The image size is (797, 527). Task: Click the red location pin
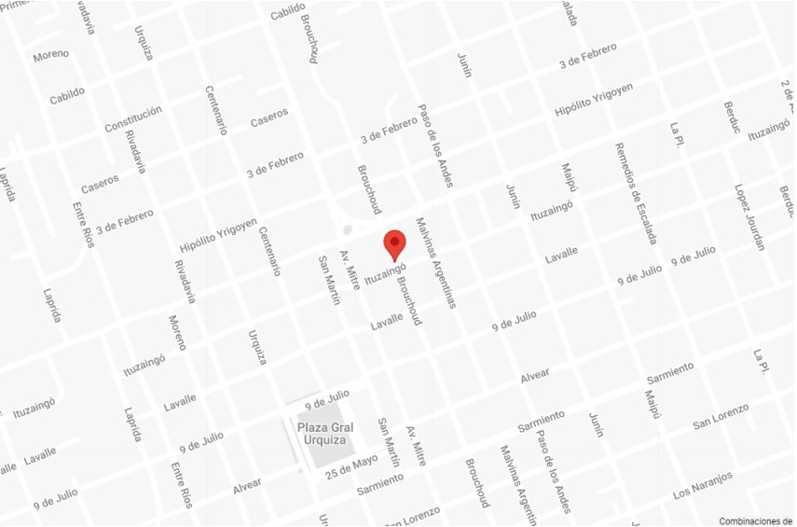coord(395,243)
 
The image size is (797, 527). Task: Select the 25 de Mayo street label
coord(352,463)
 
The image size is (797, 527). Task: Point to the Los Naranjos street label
coord(703,485)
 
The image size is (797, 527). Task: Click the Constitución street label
coord(132,119)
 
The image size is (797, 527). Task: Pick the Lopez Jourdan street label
coord(749,216)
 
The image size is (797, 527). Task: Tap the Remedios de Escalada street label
coord(636,194)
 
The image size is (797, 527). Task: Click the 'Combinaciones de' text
coord(755,520)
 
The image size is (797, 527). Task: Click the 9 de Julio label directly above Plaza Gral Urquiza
coord(326,401)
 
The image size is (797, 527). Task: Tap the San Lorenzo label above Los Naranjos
coord(721,417)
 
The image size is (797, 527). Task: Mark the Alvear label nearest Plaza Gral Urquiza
coord(247,487)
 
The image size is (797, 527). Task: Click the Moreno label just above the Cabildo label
coord(50,56)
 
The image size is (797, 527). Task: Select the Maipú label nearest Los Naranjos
coord(651,409)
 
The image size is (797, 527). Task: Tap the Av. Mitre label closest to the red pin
coord(350,270)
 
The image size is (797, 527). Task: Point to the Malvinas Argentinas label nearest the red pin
coord(436,263)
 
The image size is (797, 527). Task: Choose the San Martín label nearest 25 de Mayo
coord(389,441)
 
